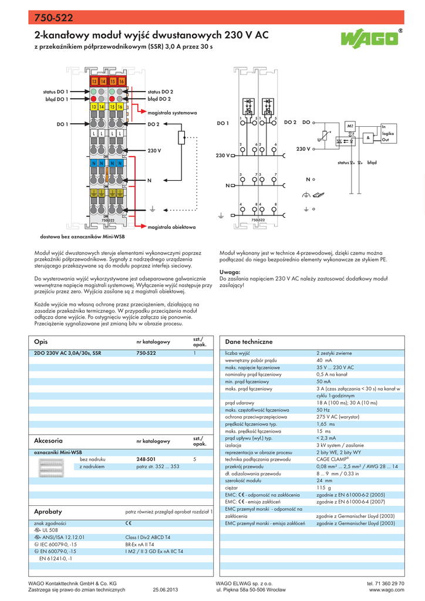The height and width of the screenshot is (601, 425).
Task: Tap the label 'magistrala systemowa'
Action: tap(172, 112)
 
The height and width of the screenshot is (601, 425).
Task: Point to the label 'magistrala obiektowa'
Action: tap(171, 226)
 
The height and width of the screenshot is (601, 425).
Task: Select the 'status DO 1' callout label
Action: tap(56, 92)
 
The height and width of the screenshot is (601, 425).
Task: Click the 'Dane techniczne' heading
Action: tap(249, 342)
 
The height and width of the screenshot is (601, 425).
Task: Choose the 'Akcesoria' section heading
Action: tap(49, 440)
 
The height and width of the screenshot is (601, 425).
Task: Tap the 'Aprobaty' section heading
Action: tap(48, 512)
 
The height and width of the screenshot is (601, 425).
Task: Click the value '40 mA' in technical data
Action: tap(323, 360)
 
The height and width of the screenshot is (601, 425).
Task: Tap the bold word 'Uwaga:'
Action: tap(230, 272)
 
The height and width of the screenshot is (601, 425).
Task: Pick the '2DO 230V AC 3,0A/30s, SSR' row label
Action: tap(68, 353)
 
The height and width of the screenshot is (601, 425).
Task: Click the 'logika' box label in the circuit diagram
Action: tap(388, 134)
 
